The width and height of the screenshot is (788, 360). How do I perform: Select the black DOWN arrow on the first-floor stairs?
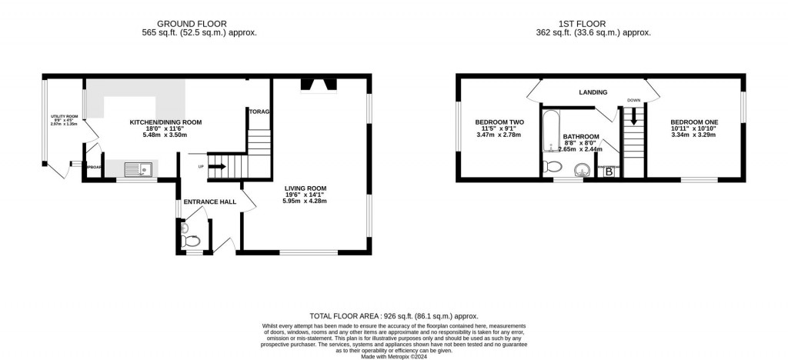[633, 117]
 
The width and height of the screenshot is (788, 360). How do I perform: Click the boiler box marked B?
[609, 172]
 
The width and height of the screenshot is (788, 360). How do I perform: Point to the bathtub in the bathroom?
[552, 131]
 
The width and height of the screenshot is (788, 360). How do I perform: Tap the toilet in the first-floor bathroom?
[552, 167]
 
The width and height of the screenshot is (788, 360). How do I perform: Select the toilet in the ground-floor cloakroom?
[192, 241]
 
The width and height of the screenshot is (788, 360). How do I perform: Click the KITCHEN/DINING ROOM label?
[165, 122]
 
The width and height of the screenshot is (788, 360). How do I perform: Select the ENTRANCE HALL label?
[208, 202]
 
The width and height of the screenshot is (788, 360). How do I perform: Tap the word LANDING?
[593, 92]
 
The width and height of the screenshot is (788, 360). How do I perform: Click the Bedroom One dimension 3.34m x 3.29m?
[693, 135]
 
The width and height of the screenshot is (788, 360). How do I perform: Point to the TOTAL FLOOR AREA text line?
[393, 316]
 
